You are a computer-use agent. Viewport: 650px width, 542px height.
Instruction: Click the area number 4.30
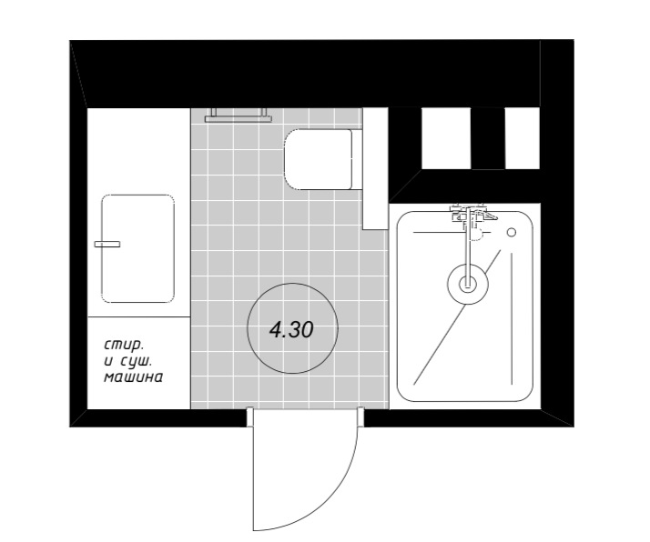click(x=291, y=330)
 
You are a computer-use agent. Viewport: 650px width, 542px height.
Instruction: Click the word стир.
click(x=124, y=345)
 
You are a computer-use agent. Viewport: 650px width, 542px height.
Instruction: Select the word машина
click(x=133, y=377)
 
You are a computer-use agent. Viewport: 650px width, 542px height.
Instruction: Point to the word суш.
click(x=137, y=361)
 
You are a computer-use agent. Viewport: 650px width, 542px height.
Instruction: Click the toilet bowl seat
click(x=318, y=159)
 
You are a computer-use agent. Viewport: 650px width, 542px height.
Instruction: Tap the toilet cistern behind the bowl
click(x=357, y=159)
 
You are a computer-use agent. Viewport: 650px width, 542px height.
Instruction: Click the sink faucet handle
click(x=107, y=245)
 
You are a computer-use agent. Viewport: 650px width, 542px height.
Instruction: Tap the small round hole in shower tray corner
click(x=512, y=232)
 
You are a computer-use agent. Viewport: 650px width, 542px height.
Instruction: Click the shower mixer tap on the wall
click(x=470, y=216)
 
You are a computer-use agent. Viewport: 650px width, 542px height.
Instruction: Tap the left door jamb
click(x=250, y=417)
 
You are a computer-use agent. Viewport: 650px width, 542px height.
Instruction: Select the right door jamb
click(x=361, y=417)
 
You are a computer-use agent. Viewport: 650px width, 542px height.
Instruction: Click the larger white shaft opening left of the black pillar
click(x=446, y=138)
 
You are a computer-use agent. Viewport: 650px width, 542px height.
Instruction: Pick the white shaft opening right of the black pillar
click(x=523, y=138)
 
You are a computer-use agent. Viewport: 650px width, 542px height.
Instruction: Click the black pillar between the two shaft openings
click(x=488, y=138)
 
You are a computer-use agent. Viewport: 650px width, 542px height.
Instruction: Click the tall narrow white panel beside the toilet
click(x=375, y=168)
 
